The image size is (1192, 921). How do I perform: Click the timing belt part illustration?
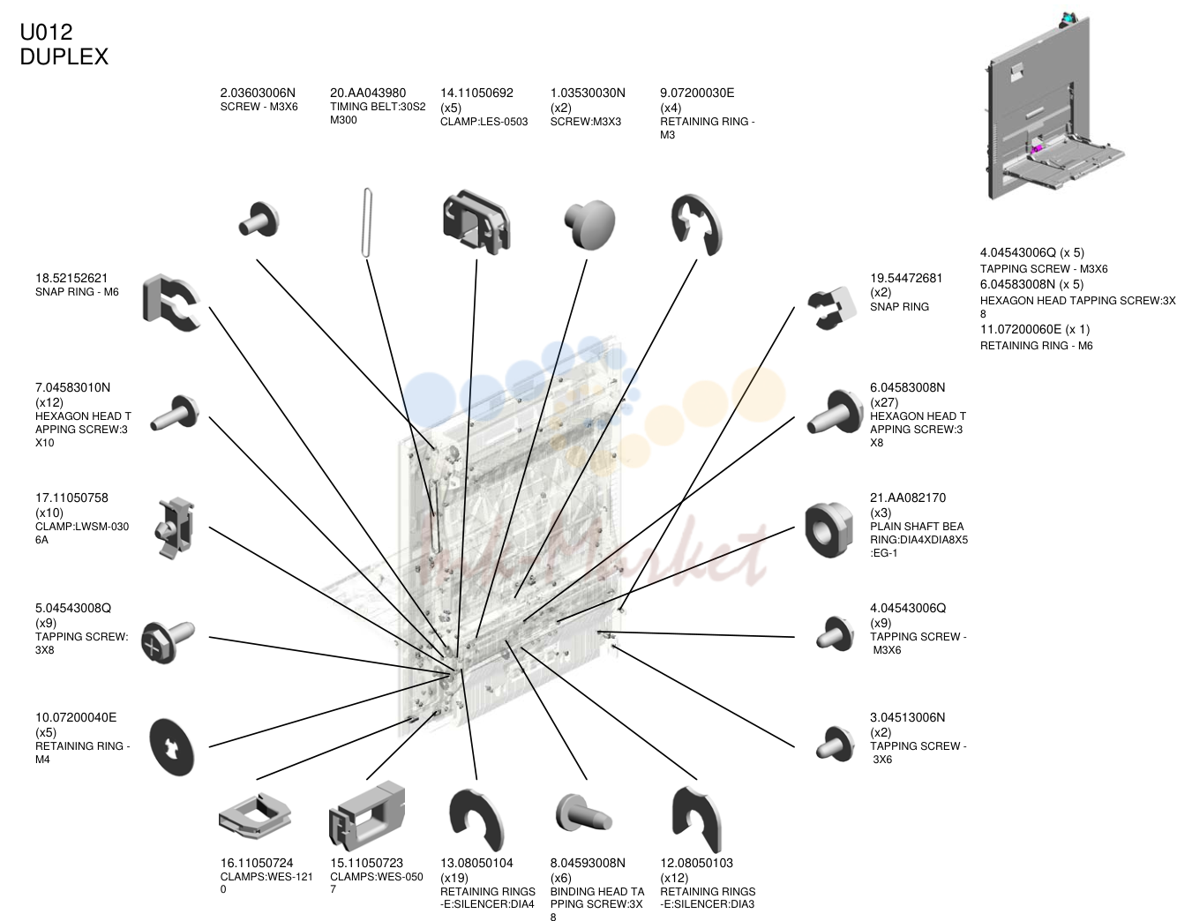point(368,222)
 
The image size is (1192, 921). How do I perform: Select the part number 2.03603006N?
point(258,94)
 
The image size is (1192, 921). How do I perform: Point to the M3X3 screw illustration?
point(590,224)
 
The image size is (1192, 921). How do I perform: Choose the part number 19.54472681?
point(905,279)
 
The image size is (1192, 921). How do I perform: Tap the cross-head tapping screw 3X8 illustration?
point(168,641)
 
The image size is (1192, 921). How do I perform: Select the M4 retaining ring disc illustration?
point(172,747)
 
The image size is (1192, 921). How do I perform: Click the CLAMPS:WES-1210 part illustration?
point(254,815)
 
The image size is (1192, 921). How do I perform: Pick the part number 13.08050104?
point(476,863)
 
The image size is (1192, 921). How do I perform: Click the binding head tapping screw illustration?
point(583,813)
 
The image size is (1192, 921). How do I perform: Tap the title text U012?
point(46,33)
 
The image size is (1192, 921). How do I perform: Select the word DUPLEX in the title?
point(64,57)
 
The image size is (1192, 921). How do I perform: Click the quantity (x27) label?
point(884,402)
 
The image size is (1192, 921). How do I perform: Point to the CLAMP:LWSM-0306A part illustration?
point(176,528)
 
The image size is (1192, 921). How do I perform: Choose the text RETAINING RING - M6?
point(1036,346)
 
